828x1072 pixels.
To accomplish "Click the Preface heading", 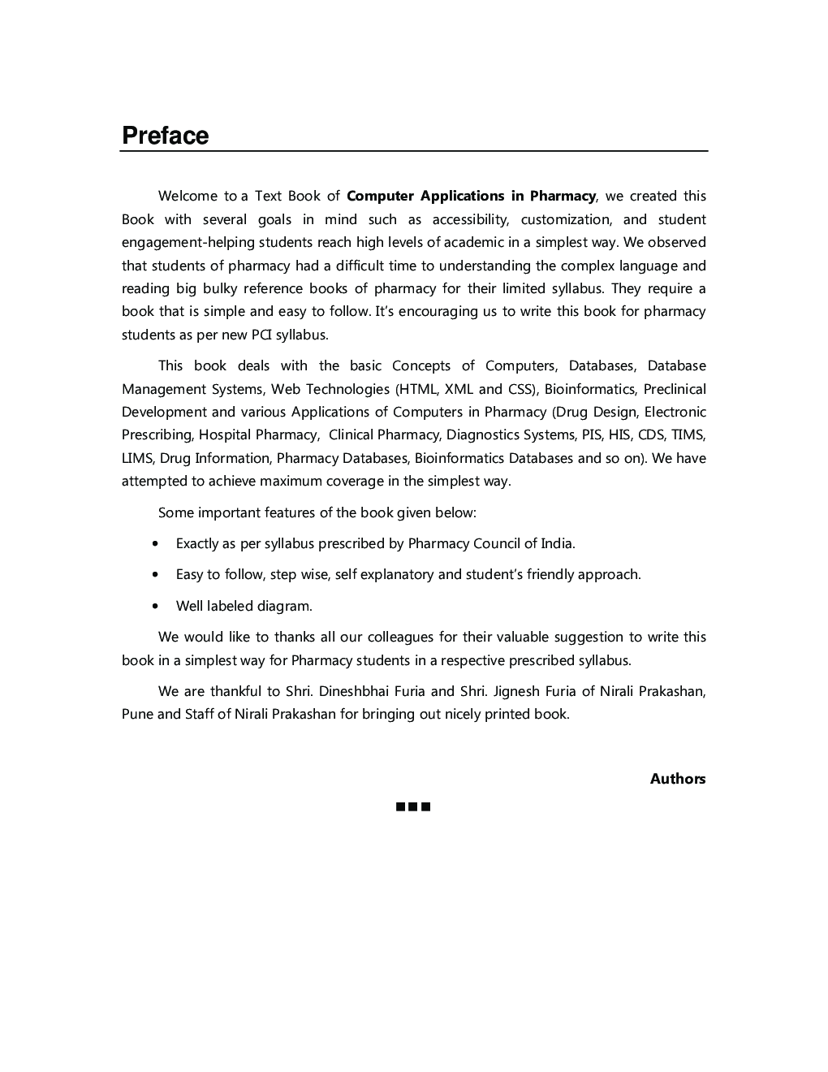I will [x=165, y=136].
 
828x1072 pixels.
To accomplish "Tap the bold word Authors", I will [x=677, y=779].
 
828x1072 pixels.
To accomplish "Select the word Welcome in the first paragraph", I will [x=188, y=196].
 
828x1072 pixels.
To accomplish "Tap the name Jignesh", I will [x=518, y=691].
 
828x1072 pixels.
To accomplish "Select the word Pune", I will [x=136, y=715].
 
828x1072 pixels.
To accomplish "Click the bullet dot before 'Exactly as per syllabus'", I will [x=155, y=543].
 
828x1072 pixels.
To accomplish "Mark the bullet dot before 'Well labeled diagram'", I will [x=155, y=606].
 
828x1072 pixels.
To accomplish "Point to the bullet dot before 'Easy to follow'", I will [x=155, y=575].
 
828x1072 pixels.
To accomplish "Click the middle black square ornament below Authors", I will [x=413, y=806].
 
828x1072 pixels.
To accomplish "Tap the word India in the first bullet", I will [x=557, y=543].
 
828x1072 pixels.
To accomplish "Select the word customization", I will [x=566, y=219].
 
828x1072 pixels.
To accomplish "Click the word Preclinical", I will [x=675, y=389].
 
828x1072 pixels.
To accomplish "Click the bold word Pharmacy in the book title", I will [x=563, y=196].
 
